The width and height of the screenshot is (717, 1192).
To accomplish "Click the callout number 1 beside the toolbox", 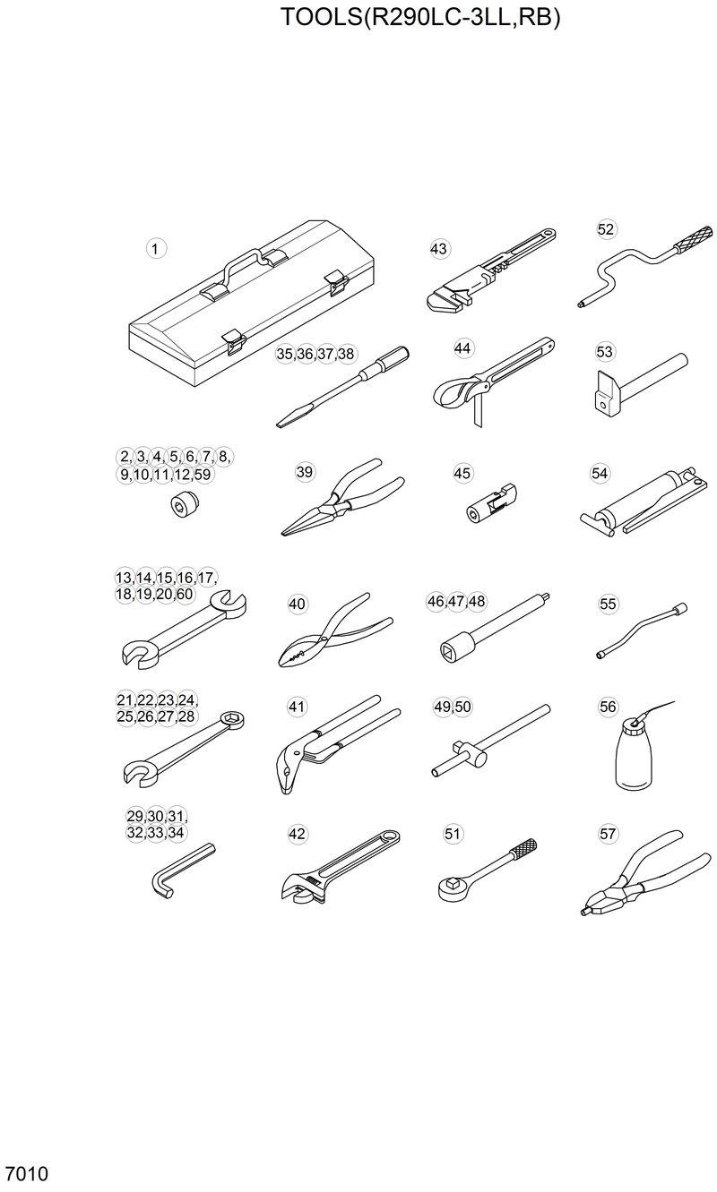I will click(157, 248).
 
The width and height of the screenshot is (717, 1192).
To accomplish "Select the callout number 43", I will click(438, 249).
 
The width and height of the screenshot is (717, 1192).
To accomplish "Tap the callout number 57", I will click(609, 834).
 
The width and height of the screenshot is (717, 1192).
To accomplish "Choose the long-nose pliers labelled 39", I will click(335, 502).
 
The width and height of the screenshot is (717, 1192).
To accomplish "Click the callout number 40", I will click(297, 605).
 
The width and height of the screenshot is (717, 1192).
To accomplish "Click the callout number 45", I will click(462, 473).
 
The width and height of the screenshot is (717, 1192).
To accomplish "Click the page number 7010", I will click(26, 1174).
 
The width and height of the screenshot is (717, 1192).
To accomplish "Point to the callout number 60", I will click(185, 595).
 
